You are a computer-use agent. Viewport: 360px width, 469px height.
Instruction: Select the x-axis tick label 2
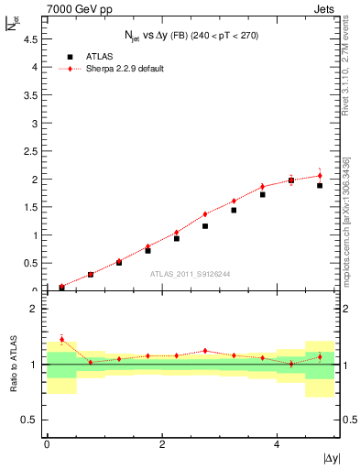(161, 444)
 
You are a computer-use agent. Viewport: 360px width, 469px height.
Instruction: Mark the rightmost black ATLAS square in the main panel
(320, 185)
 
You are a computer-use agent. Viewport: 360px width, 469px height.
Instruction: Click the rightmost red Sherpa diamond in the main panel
(320, 175)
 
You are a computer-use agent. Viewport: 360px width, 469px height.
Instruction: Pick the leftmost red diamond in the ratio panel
(61, 340)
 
